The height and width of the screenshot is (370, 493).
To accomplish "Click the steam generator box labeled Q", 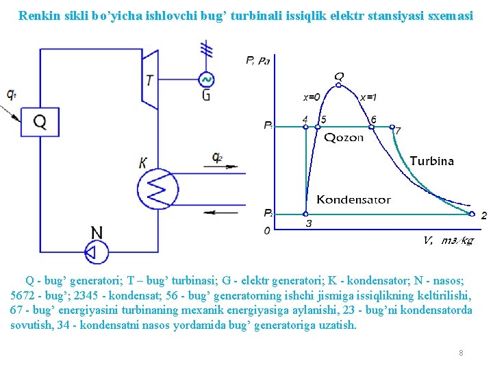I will click(x=40, y=122).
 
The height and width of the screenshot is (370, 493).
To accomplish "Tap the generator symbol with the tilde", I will click(x=205, y=79).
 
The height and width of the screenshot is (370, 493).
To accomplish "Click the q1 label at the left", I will click(x=11, y=95).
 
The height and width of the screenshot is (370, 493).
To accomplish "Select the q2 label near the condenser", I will click(x=217, y=159).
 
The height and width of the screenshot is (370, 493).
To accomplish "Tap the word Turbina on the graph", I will click(x=431, y=161).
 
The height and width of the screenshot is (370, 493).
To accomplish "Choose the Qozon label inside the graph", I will click(x=344, y=137).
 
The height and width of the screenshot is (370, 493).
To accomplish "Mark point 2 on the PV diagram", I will click(x=483, y=215).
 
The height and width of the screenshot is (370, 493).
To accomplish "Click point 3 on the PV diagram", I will click(x=308, y=223).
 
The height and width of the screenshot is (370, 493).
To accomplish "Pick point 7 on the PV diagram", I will click(x=398, y=130).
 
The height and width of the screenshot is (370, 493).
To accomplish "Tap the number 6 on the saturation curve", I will click(x=372, y=120).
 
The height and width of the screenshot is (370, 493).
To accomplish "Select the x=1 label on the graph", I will click(x=368, y=97).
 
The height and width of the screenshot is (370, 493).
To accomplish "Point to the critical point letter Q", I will click(x=339, y=76).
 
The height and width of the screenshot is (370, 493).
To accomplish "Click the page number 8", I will click(x=461, y=353).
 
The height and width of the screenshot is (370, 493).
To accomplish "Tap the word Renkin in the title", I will click(x=39, y=14).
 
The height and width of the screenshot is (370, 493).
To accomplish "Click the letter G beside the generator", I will click(x=206, y=95).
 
